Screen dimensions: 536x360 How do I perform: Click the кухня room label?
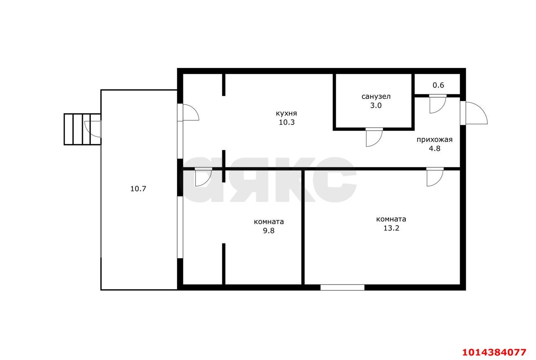(286, 113)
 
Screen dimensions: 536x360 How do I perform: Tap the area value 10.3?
(286, 122)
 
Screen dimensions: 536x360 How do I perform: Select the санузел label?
(376, 96)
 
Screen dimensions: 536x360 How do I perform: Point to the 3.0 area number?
(376, 105)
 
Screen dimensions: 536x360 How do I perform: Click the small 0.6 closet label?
(438, 85)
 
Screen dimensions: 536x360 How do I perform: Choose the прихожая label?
(435, 140)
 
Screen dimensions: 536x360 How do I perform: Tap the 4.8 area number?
(435, 148)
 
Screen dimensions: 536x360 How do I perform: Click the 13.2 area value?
(391, 228)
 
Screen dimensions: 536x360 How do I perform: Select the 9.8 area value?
(269, 231)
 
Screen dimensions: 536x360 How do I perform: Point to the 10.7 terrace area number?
(138, 189)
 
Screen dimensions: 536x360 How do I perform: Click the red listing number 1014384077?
(495, 352)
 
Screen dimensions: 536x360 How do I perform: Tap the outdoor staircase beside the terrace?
(82, 129)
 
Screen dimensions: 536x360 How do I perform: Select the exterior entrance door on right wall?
(474, 113)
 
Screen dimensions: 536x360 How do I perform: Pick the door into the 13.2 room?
(435, 177)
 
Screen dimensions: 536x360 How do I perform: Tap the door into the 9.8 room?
(204, 177)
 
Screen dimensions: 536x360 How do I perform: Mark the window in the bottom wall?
(343, 287)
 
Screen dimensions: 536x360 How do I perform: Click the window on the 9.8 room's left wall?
(180, 227)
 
